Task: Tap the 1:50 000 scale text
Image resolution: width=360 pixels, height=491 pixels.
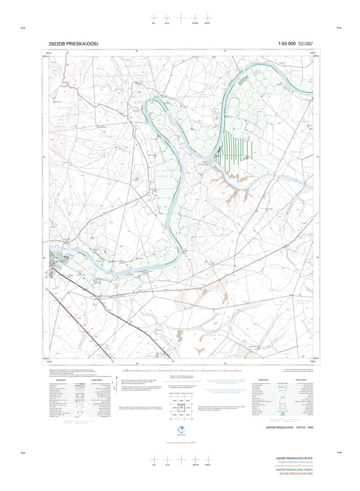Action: [x=286, y=44]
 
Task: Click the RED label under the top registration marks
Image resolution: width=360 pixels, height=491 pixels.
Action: [x=154, y=23]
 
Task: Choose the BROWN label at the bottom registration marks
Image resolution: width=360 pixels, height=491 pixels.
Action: [x=195, y=464]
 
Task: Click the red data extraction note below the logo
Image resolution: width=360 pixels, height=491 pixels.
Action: [x=180, y=442]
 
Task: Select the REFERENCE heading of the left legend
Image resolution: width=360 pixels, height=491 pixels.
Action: [x=67, y=380]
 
